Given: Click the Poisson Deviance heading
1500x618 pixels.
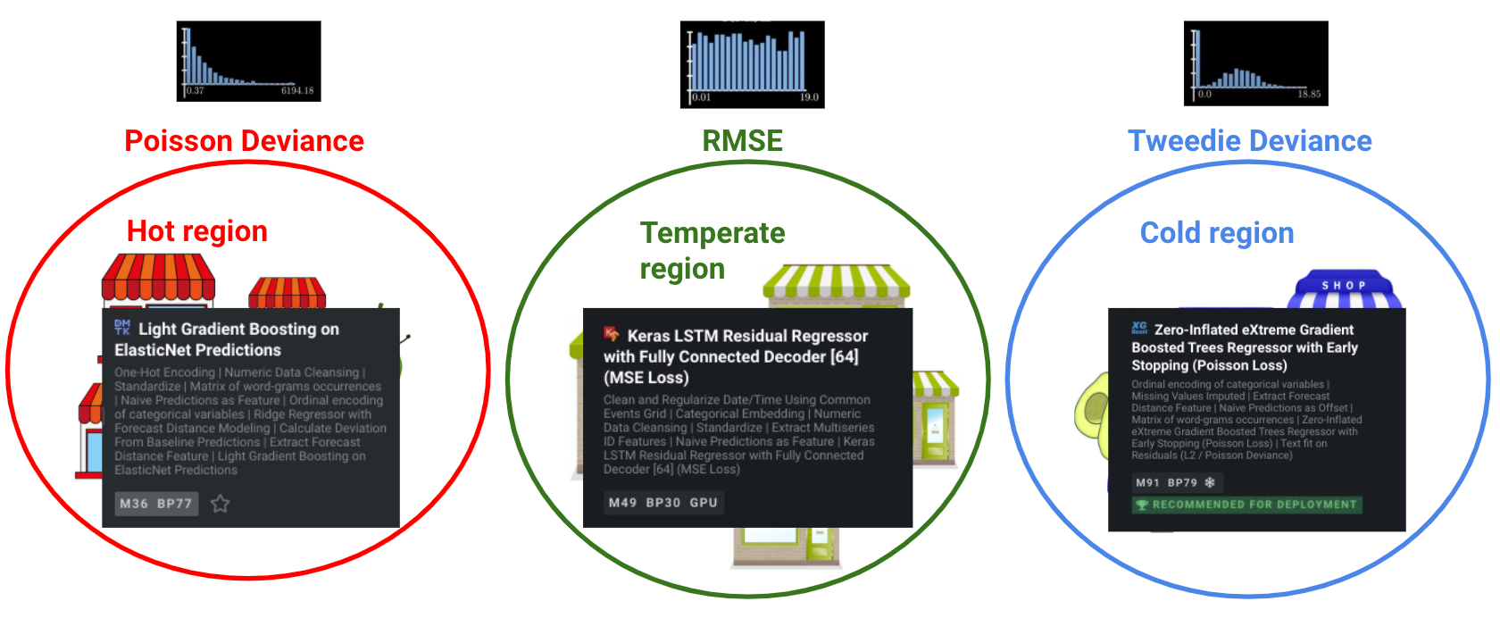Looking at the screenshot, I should click(x=244, y=141).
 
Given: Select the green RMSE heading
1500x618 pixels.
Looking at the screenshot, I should click(x=742, y=141).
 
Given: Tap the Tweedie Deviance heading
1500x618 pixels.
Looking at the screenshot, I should click(x=1249, y=141).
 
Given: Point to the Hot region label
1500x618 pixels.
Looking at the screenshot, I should click(x=197, y=231).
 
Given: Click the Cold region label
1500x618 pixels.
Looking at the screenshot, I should click(x=1216, y=233).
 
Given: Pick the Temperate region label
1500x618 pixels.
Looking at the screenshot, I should click(x=712, y=250).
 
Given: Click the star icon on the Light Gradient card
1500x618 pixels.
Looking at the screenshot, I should click(x=221, y=504).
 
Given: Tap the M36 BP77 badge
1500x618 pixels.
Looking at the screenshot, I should click(x=156, y=504).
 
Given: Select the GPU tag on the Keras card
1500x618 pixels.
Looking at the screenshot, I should click(x=704, y=503).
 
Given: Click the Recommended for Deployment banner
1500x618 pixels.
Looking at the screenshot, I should click(x=1247, y=505).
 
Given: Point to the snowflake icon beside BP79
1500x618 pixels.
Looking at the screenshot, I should click(x=1210, y=483).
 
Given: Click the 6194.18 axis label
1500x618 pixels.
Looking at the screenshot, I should click(x=297, y=91).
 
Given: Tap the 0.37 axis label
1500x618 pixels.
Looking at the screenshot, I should click(x=195, y=91).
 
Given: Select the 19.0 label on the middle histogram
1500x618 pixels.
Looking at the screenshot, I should click(x=809, y=97).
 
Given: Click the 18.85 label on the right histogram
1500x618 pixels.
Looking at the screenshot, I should click(x=1309, y=94).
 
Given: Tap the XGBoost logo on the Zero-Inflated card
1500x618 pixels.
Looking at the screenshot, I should click(x=1139, y=328).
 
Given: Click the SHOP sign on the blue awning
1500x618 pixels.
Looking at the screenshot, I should click(x=1344, y=285).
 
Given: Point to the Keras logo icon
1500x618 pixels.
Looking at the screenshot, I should click(x=612, y=334).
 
